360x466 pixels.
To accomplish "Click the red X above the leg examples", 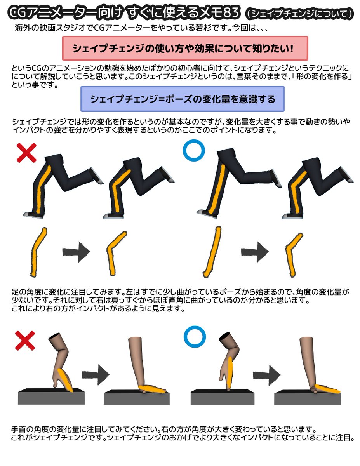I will coord(26,152).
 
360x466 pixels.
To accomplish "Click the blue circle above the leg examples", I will coord(193,151).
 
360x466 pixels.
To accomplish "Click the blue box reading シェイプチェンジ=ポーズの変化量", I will coord(182,99).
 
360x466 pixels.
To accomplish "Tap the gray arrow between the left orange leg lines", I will coord(76,252).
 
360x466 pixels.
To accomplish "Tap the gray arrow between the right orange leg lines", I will coord(255,252).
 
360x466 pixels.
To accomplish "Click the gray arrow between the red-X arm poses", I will coord(95,375).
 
